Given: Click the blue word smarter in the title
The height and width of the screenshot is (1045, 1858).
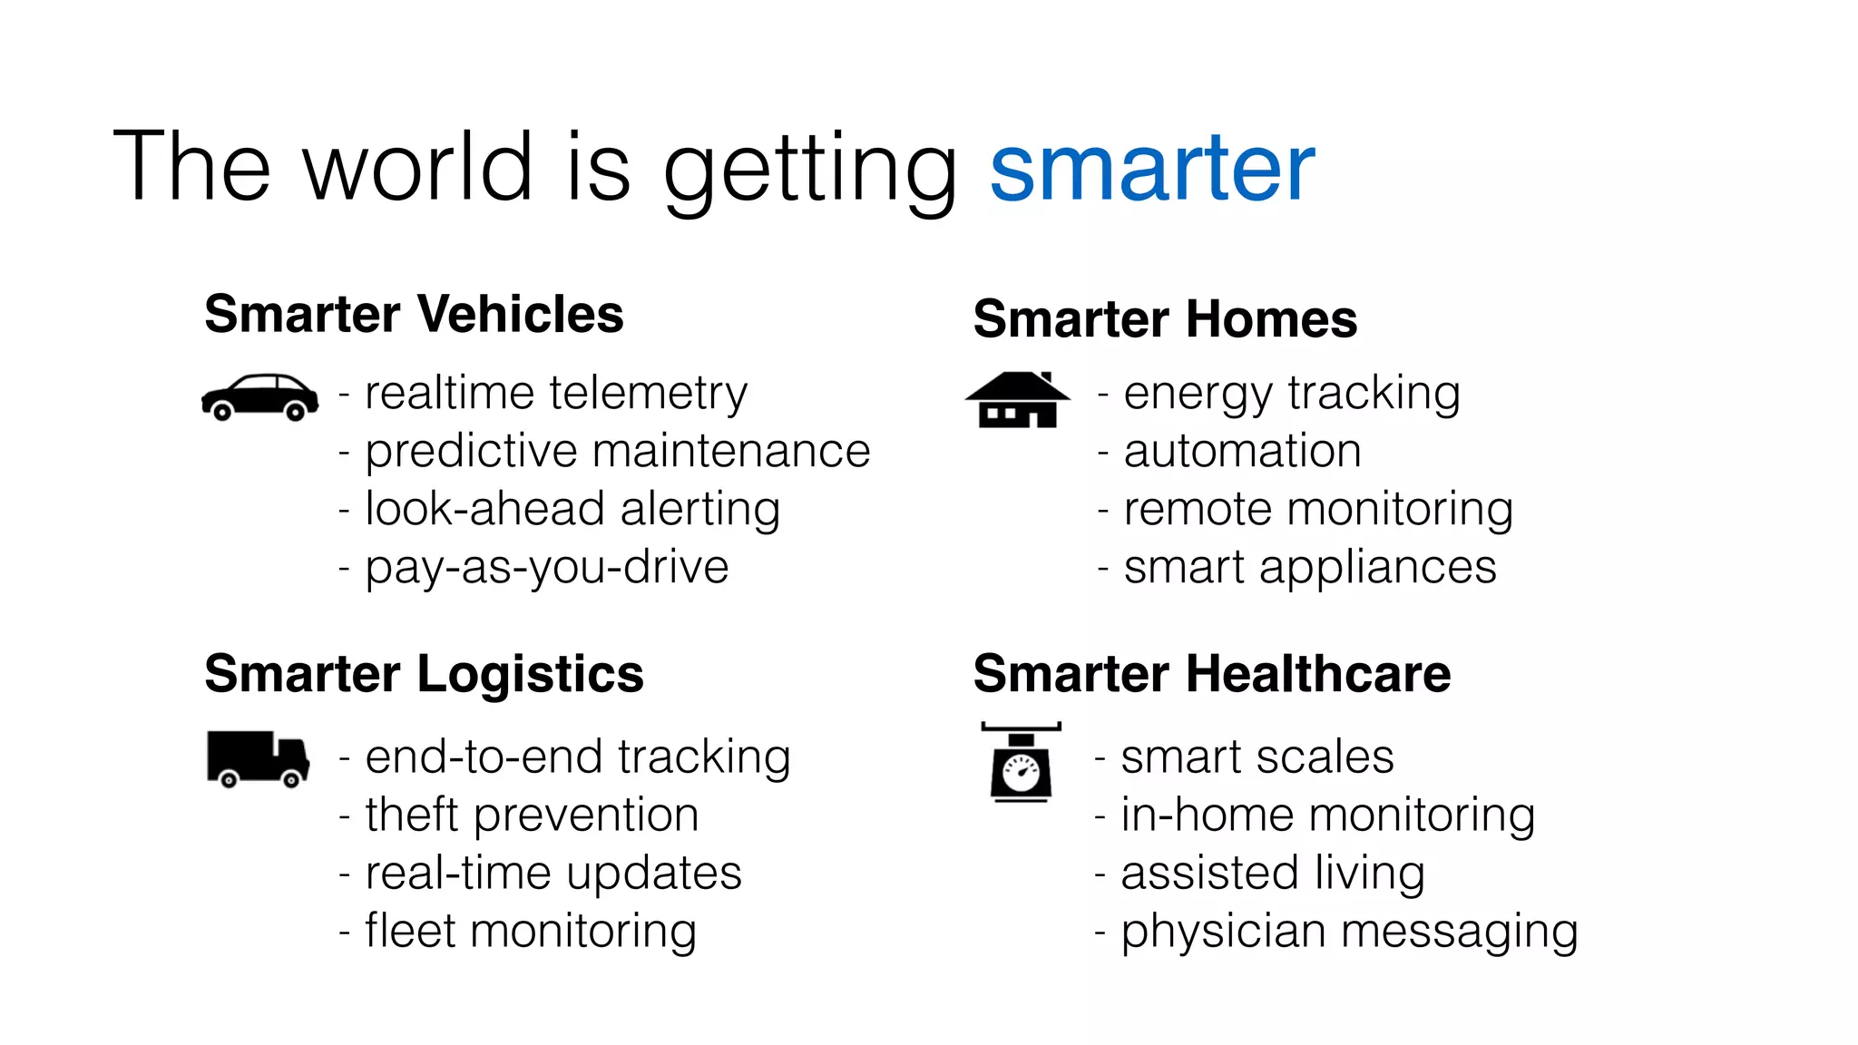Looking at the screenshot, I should (1151, 169).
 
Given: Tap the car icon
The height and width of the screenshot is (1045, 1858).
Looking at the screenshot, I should (259, 397).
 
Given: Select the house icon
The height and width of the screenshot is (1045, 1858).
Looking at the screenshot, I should (1017, 400).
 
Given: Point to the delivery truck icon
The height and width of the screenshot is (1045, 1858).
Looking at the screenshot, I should (258, 758).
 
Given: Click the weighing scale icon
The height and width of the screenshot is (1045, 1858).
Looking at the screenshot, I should (1021, 763).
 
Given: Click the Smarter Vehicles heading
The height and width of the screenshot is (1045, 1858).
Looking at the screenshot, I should (414, 315).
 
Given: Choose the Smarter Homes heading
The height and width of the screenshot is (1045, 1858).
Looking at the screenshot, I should (1165, 319).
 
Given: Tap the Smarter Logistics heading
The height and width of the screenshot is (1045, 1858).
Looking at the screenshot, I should (424, 674).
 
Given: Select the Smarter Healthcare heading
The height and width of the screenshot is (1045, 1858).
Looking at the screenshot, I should (1211, 674).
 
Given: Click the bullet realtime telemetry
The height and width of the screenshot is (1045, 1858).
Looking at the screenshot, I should (555, 394).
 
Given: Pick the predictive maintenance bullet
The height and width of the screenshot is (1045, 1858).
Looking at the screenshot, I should (617, 452).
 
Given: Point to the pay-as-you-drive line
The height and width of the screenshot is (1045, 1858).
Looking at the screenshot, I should (546, 568).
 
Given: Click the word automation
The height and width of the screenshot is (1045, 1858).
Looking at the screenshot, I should (1242, 452).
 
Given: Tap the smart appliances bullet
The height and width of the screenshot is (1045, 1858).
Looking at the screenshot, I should (1309, 568).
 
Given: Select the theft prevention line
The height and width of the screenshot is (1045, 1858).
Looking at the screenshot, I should (532, 815).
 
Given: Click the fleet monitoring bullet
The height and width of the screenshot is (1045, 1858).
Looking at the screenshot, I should (531, 932).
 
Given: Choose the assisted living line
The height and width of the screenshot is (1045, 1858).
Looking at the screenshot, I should (1272, 874).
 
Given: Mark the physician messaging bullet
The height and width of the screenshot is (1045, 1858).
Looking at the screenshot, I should (1349, 932).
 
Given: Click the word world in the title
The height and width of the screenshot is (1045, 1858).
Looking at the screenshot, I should (418, 169).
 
